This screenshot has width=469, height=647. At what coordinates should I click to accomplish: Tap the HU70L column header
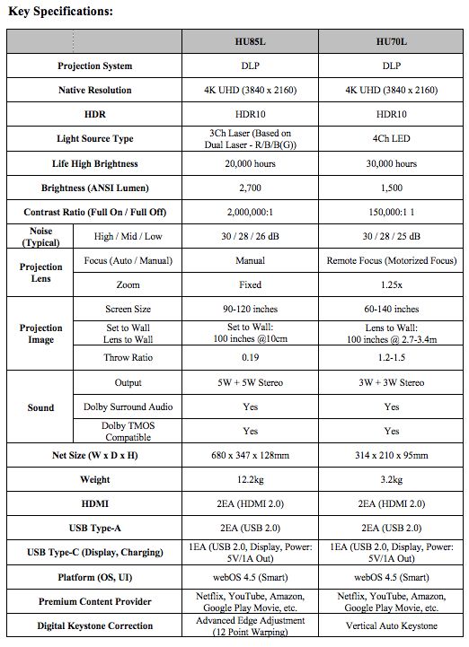tap(391, 41)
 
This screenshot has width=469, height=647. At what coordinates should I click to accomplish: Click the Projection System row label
tap(94, 66)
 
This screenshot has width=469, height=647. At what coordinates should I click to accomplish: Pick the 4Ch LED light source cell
tap(391, 139)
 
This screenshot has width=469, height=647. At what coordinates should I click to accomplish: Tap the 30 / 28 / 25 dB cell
tap(391, 236)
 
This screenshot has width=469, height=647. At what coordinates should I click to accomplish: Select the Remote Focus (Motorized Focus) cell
tap(391, 260)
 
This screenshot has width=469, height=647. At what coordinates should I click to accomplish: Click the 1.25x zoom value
tap(391, 284)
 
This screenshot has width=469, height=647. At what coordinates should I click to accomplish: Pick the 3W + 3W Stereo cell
tap(391, 382)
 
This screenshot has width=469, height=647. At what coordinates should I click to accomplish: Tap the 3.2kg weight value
tap(391, 480)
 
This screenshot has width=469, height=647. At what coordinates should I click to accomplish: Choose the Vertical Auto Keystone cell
tap(391, 625)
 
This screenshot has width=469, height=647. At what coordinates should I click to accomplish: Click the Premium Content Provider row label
tap(94, 601)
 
